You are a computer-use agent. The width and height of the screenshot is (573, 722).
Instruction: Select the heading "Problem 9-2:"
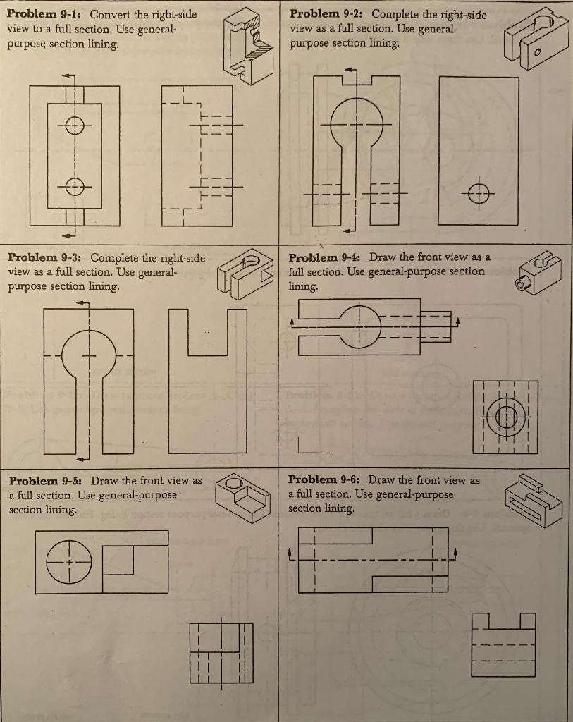point(328,14)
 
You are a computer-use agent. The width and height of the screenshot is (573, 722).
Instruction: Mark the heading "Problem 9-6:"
point(326,480)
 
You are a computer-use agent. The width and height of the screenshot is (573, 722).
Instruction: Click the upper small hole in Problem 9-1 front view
point(74,126)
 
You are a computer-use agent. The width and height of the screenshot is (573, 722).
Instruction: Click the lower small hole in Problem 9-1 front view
point(74,186)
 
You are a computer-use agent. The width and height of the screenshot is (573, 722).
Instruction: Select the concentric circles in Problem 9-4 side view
point(506,416)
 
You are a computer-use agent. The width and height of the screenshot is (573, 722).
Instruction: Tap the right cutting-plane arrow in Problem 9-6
point(456,551)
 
